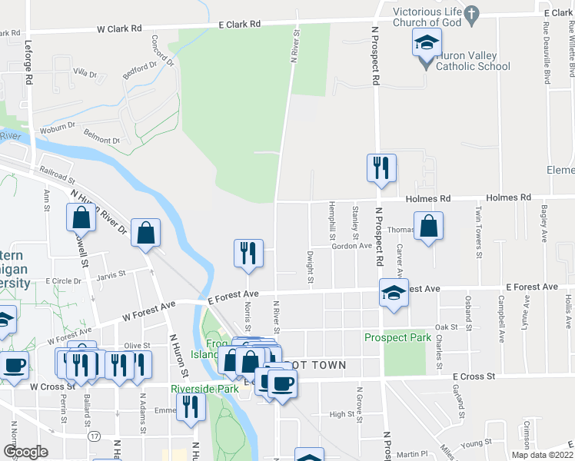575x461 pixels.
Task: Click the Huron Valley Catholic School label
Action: [x=472, y=61]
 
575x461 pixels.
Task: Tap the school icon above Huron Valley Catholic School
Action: [x=427, y=43]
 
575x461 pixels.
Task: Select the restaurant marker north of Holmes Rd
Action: [x=381, y=168]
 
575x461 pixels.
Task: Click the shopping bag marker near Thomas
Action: [x=429, y=226]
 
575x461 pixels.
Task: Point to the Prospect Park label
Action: [x=397, y=337]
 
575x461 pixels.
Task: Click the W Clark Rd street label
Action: [x=119, y=28]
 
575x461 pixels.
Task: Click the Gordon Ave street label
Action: [x=351, y=246]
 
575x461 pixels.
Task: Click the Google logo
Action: [x=26, y=451]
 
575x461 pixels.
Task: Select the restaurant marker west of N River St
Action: [x=248, y=254]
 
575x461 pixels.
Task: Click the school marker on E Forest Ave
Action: [x=394, y=293]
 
